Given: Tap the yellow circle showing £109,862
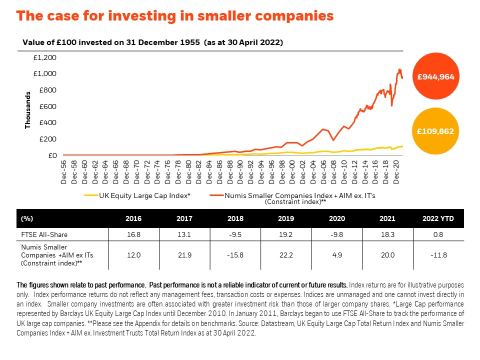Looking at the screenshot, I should pyautogui.click(x=435, y=131).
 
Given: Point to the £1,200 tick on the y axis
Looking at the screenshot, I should pyautogui.click(x=45, y=58).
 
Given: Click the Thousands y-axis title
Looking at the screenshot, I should pyautogui.click(x=28, y=110).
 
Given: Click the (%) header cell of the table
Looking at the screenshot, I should pyautogui.click(x=26, y=219).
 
